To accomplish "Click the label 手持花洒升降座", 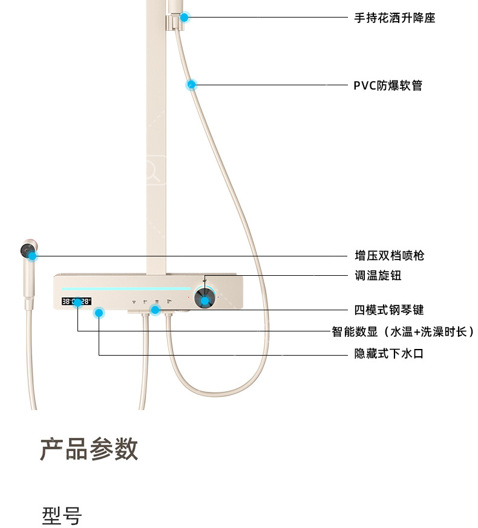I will coord(395,18).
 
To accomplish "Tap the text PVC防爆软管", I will coord(388,85).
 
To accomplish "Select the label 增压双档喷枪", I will coord(389,255).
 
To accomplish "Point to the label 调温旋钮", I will coord(378,276).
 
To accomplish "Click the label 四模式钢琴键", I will coord(388,310).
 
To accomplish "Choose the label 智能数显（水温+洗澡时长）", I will coord(402,331).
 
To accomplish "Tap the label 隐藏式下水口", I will coord(388,354).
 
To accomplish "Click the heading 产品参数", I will coord(89,449).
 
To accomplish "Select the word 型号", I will coord(62,515).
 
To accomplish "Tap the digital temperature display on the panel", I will coord(76,301).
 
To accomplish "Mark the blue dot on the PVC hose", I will coord(191,85).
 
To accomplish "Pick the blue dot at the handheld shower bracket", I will coord(185,18).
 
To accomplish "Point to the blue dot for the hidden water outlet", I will coord(99,313).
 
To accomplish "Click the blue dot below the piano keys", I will coord(156,310).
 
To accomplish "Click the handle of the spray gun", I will coord(28,284).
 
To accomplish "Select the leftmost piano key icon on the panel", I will coord(134,301).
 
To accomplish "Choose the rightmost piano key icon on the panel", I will coord(169,301).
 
